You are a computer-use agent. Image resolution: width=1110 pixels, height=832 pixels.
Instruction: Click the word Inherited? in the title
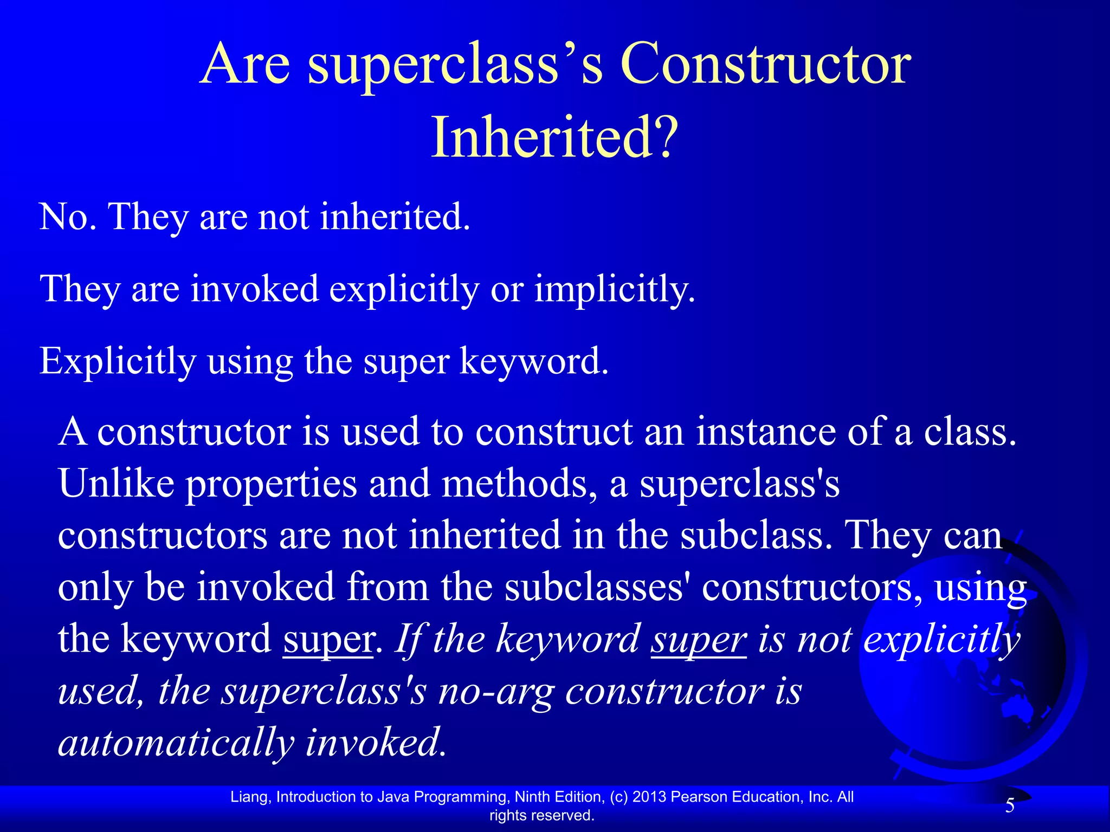[554, 138]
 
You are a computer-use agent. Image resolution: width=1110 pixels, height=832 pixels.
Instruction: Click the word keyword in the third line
[534, 361]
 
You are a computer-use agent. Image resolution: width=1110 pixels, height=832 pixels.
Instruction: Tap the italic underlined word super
[699, 640]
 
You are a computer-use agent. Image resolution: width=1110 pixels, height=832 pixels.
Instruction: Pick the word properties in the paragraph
[272, 484]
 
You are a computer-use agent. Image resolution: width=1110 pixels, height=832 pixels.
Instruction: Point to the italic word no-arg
[495, 692]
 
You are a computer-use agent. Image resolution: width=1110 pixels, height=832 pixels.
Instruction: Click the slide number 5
[1010, 805]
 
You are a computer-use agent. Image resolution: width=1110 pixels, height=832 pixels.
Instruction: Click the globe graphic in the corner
[970, 666]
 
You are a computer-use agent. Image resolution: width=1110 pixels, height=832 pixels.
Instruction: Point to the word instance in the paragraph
[765, 432]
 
